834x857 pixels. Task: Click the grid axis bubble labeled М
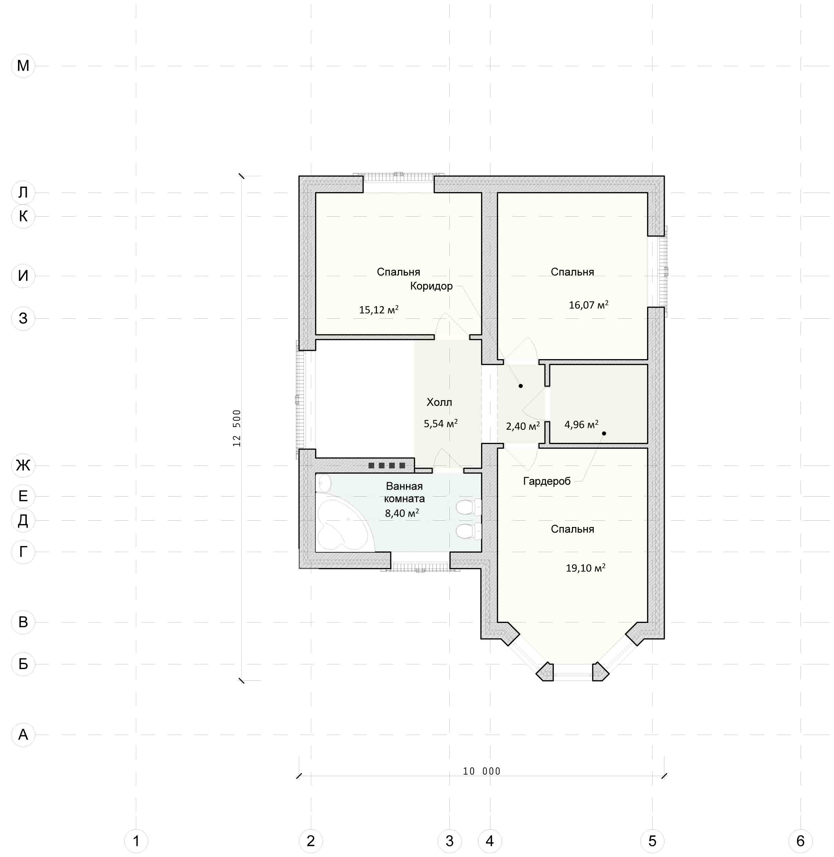pos(23,66)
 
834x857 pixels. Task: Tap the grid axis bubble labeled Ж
pos(23,465)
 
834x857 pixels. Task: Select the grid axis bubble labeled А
pos(23,734)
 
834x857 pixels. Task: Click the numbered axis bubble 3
pos(449,840)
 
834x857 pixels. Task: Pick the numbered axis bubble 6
pos(800,840)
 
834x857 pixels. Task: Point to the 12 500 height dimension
pos(237,428)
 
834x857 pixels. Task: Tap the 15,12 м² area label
pos(379,309)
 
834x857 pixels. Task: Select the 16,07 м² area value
pos(589,305)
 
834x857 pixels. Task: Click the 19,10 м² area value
pos(586,568)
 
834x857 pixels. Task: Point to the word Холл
pos(439,402)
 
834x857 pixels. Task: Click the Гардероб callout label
pos(547,481)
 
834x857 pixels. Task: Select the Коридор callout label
pos(431,286)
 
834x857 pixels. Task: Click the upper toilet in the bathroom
pos(468,508)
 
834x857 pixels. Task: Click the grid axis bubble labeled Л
pos(23,192)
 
